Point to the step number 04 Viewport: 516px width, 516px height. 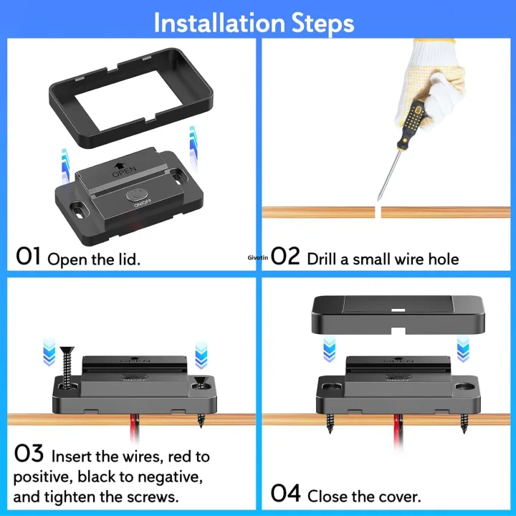pyautogui.click(x=287, y=494)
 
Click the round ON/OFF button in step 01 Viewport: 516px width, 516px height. pyautogui.click(x=136, y=194)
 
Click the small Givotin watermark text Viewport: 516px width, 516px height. pyautogui.click(x=257, y=256)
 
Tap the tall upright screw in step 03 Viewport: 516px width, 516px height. pyautogui.click(x=69, y=368)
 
